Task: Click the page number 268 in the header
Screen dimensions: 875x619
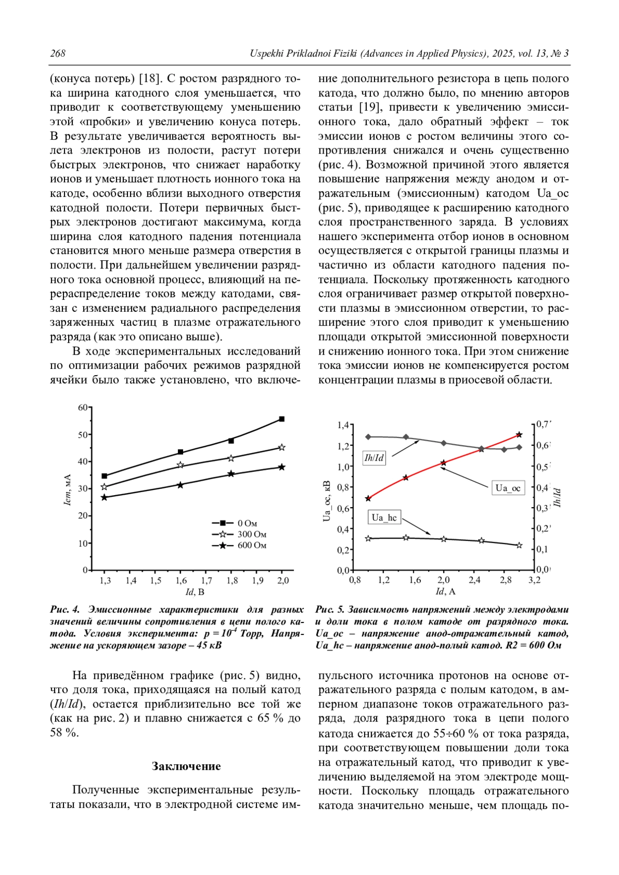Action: point(58,54)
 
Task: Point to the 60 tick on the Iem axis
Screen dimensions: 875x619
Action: point(83,407)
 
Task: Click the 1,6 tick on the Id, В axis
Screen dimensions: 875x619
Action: point(181,580)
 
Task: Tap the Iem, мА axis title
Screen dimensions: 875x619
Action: point(68,489)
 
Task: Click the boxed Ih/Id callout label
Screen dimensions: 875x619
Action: point(374,458)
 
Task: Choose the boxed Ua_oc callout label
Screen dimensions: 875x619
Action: point(508,487)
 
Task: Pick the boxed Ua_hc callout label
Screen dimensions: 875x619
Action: point(384,517)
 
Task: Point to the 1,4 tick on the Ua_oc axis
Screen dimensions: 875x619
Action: point(343,425)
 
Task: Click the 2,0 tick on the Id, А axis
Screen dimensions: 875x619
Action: point(443,580)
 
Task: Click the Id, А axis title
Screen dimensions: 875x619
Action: point(445,592)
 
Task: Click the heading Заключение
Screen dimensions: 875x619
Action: point(186,766)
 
